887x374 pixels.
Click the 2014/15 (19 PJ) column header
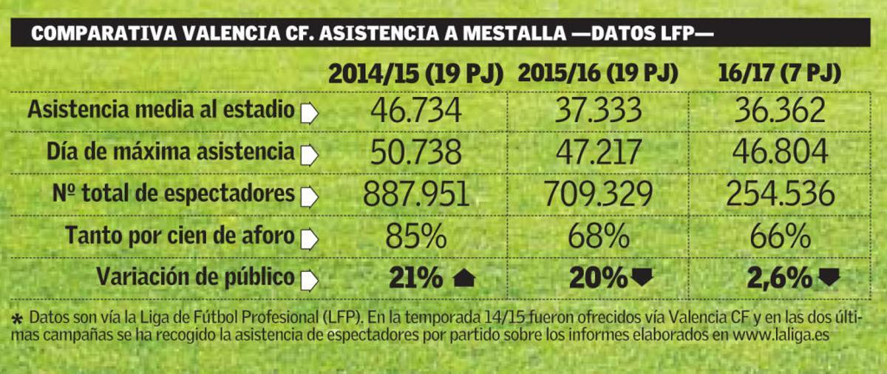click(x=415, y=74)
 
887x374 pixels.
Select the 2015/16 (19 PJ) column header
click(x=598, y=74)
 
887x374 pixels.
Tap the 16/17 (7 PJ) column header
click(x=779, y=74)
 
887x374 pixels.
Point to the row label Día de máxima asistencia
click(x=170, y=152)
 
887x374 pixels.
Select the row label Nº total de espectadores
click(x=173, y=194)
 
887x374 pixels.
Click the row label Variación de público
click(x=195, y=278)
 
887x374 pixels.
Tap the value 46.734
click(x=415, y=111)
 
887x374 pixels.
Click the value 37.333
click(x=598, y=111)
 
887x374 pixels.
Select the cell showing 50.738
click(x=415, y=152)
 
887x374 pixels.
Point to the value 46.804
click(x=781, y=152)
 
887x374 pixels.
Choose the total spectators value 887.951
click(x=415, y=194)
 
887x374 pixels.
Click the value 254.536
click(x=781, y=194)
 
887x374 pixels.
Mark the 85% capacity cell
click(x=415, y=237)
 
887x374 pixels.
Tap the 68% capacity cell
click(x=598, y=237)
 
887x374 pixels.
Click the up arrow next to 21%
click(x=463, y=279)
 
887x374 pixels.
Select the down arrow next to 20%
click(x=642, y=279)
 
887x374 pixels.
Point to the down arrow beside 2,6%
click(x=829, y=279)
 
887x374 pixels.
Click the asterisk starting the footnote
click(x=17, y=319)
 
